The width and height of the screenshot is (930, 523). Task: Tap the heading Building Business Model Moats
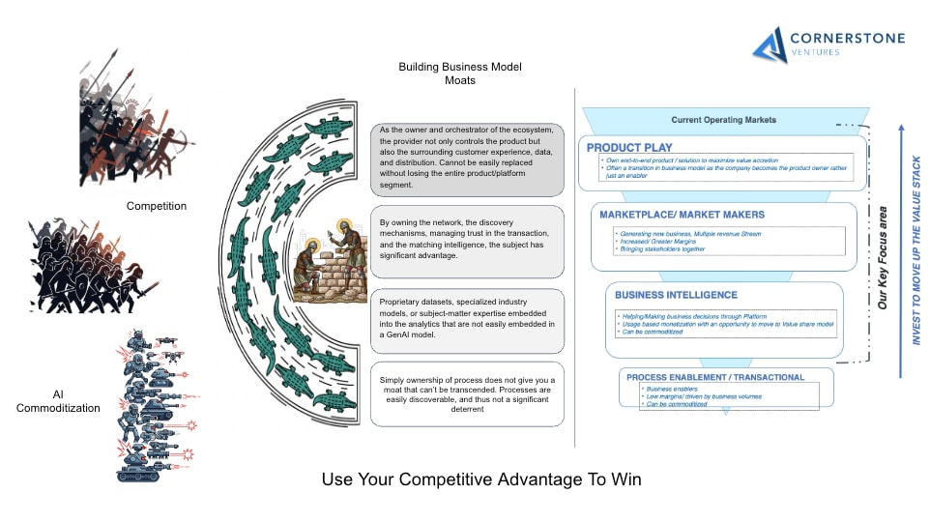tap(459, 73)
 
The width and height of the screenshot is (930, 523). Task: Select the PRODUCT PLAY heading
tap(628, 148)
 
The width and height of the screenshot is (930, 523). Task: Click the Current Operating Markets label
tap(723, 120)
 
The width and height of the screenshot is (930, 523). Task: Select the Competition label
tap(156, 206)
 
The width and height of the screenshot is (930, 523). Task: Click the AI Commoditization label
tap(58, 401)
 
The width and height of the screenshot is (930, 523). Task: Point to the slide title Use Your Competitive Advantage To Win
tap(480, 479)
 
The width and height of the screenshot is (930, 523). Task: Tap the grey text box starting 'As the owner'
tap(466, 160)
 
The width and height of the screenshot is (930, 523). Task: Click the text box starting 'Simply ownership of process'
tap(466, 393)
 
